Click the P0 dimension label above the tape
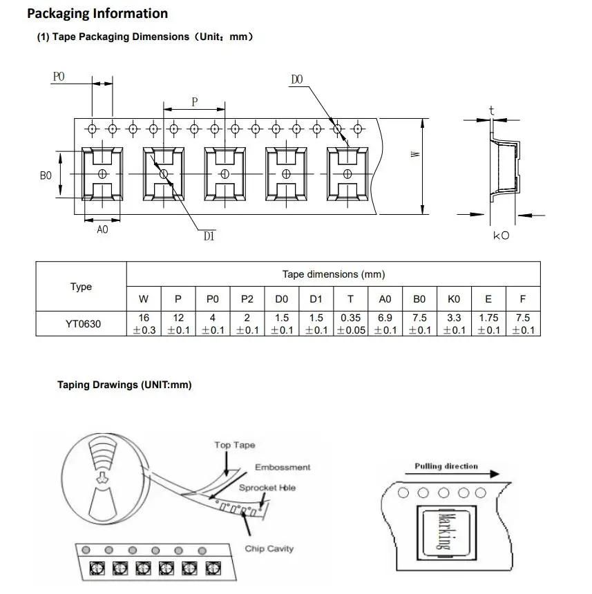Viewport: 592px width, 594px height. [59, 77]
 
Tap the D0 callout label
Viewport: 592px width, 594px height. [296, 79]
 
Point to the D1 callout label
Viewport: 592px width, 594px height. [209, 236]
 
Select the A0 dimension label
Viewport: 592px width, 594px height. [102, 229]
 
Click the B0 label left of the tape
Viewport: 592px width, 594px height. [46, 175]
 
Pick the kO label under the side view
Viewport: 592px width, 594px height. [501, 236]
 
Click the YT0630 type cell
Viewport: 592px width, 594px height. [83, 324]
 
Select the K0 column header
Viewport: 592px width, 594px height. [454, 299]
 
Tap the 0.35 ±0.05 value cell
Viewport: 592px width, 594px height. [351, 324]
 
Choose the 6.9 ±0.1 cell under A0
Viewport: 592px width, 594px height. [385, 324]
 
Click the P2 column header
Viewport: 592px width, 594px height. [247, 299]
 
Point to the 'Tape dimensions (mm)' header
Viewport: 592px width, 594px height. [334, 274]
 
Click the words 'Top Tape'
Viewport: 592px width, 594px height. [235, 445]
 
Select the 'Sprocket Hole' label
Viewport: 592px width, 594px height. [267, 488]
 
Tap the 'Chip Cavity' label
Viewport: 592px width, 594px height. [269, 548]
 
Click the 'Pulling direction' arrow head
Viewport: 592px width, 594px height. [495, 474]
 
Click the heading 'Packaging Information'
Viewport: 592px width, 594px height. [97, 14]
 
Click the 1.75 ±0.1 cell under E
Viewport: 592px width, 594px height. [488, 324]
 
